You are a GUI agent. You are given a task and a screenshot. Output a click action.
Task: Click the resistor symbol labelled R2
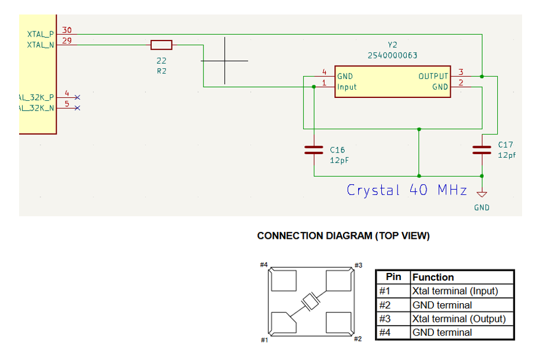coord(161,45)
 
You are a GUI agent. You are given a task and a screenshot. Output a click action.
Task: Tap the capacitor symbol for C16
coord(313,150)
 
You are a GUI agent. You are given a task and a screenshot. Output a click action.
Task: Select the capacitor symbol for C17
coord(482,150)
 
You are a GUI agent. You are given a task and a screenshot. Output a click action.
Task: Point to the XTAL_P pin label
coord(41,34)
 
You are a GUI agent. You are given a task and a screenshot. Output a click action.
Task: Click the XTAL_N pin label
coord(41,44)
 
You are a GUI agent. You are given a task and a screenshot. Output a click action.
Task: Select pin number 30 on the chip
coord(67,30)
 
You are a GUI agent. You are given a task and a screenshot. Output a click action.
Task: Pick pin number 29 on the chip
coord(67,40)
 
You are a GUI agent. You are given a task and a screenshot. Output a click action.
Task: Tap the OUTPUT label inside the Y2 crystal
coord(433,76)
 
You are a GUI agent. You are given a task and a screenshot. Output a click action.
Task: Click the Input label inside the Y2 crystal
coord(347,87)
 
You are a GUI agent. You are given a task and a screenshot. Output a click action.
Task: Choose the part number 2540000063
coord(392,56)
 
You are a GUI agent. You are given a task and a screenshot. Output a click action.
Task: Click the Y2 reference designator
coord(392,45)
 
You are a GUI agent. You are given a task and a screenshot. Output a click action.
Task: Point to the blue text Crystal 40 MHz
coord(406,190)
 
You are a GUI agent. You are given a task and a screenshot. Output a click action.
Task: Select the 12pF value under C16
coord(340,159)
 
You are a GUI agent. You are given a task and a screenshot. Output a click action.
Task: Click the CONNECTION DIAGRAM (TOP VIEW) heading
coord(343,236)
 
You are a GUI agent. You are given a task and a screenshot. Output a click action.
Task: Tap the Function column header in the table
coord(433,277)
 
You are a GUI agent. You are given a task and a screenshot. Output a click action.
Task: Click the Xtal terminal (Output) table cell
coord(458,319)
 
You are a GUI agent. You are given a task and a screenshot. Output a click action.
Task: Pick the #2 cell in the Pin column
coord(385,305)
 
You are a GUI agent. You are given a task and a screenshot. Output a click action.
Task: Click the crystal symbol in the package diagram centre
coord(311,301)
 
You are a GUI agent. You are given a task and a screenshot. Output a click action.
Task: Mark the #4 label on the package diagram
coord(264,264)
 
